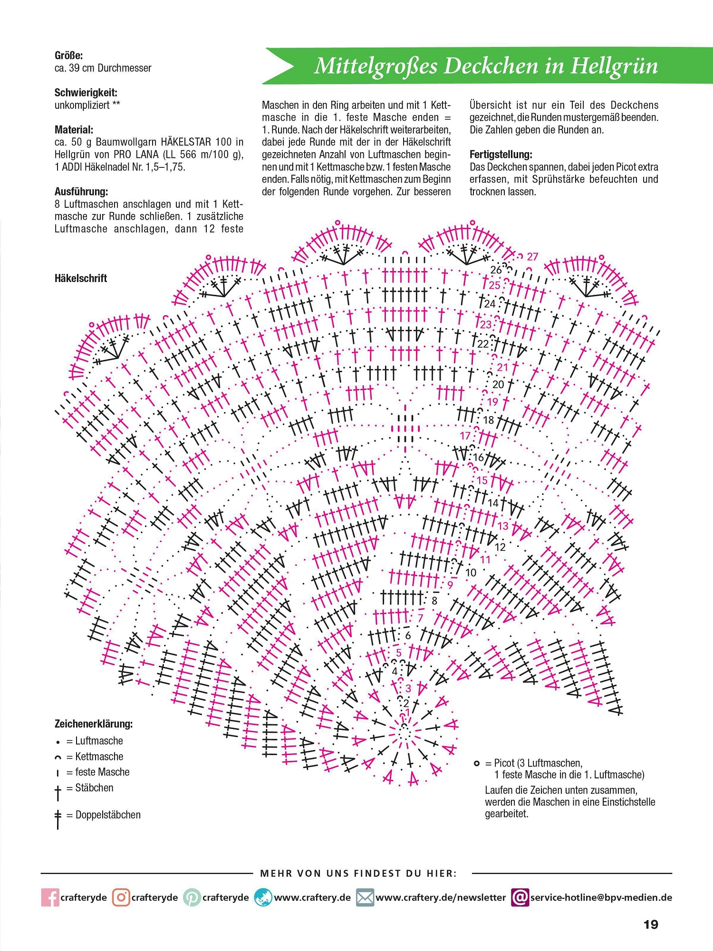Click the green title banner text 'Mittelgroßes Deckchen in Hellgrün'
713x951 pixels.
click(x=486, y=66)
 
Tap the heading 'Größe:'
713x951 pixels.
click(x=68, y=56)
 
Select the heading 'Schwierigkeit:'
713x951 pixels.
click(x=86, y=93)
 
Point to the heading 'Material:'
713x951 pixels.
click(x=74, y=130)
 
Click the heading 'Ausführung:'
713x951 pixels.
click(x=81, y=192)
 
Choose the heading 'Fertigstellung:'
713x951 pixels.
click(x=501, y=155)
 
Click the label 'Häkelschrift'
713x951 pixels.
click(x=81, y=279)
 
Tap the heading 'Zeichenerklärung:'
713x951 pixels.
click(x=94, y=724)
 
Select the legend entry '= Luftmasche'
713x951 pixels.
click(x=94, y=741)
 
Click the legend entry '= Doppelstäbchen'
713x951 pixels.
click(x=103, y=815)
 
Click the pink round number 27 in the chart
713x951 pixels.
click(x=532, y=257)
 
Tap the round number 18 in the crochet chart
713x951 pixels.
click(x=489, y=420)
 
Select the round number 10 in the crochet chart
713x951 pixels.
click(x=471, y=573)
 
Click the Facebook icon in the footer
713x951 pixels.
click(x=50, y=898)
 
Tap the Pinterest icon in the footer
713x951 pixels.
click(x=192, y=898)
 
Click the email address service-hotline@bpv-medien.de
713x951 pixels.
click(x=601, y=898)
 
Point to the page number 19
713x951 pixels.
click(x=651, y=925)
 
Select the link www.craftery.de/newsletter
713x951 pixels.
click(x=441, y=898)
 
